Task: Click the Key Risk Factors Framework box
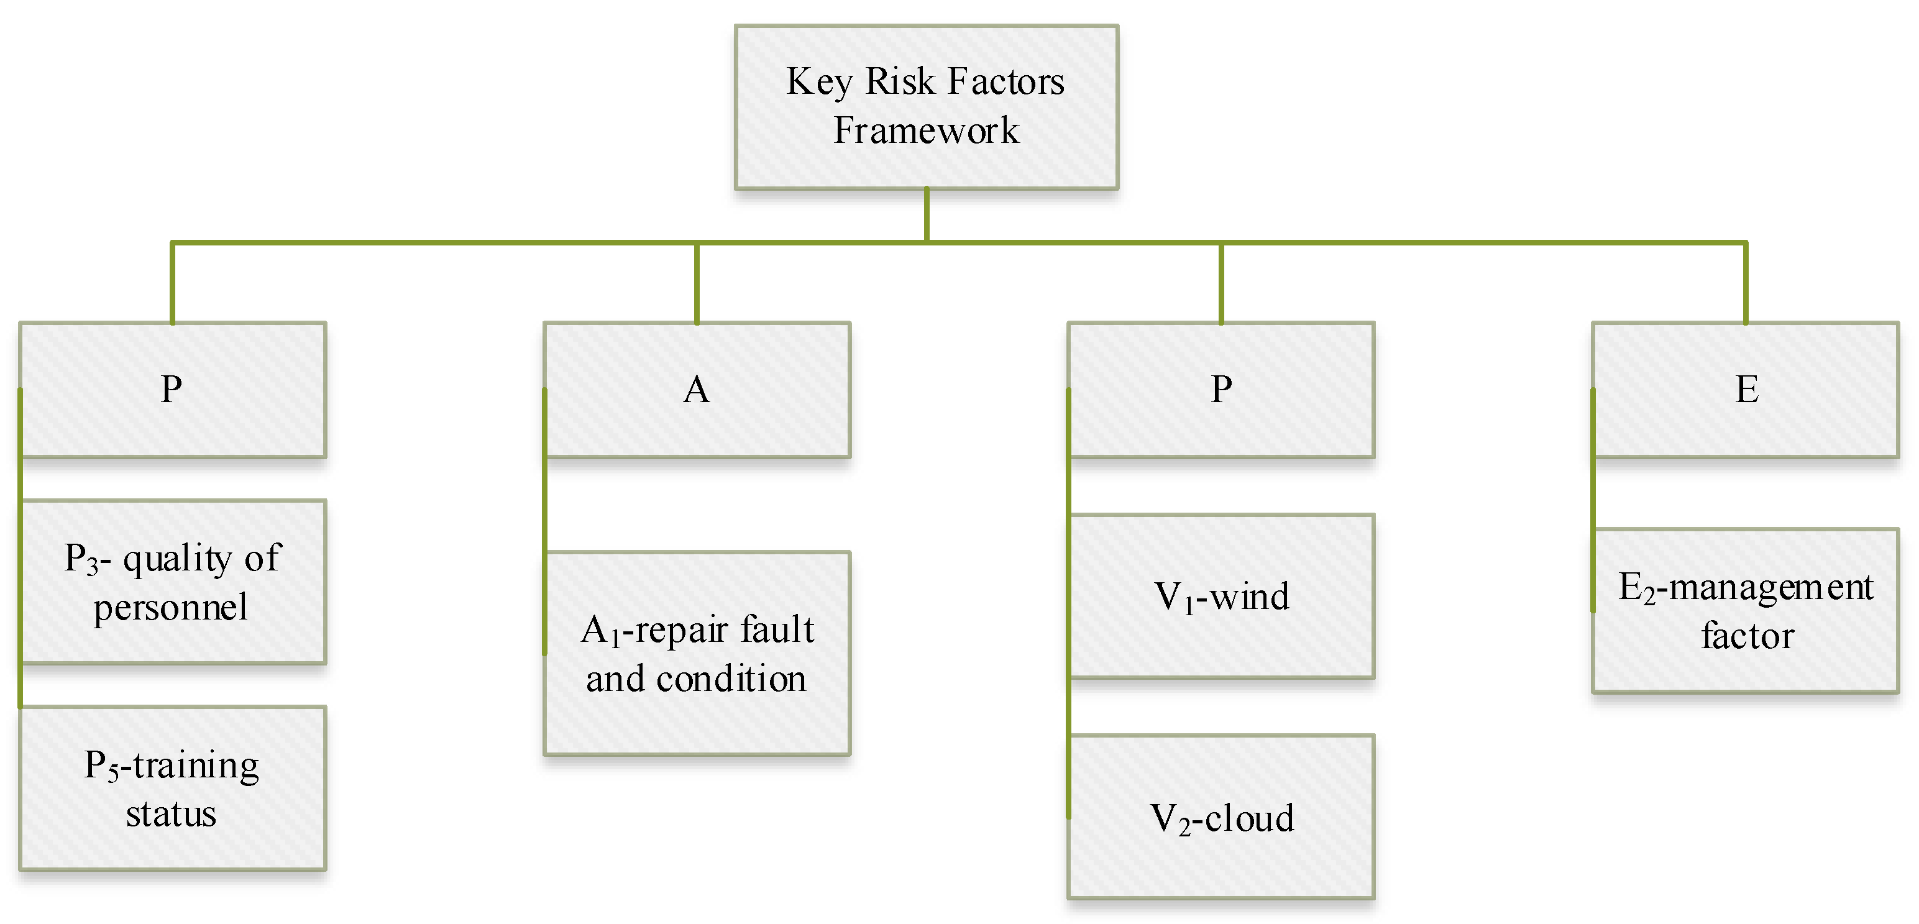(926, 106)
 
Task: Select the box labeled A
(697, 390)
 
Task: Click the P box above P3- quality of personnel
(172, 390)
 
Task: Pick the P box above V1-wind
(1221, 390)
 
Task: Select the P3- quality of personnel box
(172, 581)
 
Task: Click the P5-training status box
(172, 788)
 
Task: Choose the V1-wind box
(1221, 596)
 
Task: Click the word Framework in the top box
(926, 131)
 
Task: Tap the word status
(171, 814)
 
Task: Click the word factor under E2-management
(1747, 636)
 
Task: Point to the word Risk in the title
(899, 81)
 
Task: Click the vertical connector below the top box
(926, 214)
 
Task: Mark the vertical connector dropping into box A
(697, 283)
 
